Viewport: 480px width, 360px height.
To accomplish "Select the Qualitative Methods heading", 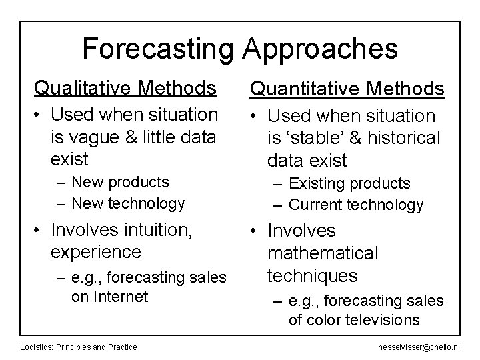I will point(125,87).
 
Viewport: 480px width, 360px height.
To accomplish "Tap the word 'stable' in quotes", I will point(315,138).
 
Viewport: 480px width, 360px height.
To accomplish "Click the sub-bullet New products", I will point(120,181).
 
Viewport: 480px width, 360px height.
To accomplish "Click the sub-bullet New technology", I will point(128,203).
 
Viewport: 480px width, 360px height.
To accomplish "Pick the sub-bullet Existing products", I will point(349,183).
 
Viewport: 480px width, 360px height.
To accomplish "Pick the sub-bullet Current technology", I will point(355,205).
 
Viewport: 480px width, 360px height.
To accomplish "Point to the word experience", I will point(96,252).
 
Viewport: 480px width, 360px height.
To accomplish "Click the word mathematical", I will point(323,253).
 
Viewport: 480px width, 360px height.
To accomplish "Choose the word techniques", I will point(312,275).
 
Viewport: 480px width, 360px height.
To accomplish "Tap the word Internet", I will point(119,296).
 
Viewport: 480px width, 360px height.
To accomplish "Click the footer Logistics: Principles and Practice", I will point(79,346).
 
